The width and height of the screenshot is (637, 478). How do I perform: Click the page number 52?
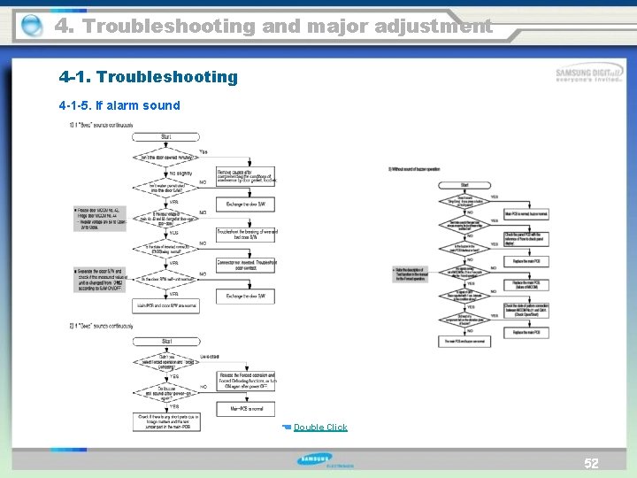(591, 463)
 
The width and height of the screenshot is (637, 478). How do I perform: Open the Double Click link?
(320, 428)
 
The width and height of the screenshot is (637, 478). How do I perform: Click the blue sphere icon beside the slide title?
(32, 27)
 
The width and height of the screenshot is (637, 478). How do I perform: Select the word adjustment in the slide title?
(432, 26)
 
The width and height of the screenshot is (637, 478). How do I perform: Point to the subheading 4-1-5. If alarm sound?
(119, 105)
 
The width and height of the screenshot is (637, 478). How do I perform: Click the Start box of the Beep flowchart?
(165, 137)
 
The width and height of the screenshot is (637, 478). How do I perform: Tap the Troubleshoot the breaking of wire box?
(247, 235)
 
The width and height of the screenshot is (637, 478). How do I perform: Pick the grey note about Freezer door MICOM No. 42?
(97, 218)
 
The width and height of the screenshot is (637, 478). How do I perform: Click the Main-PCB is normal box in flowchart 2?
(247, 408)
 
